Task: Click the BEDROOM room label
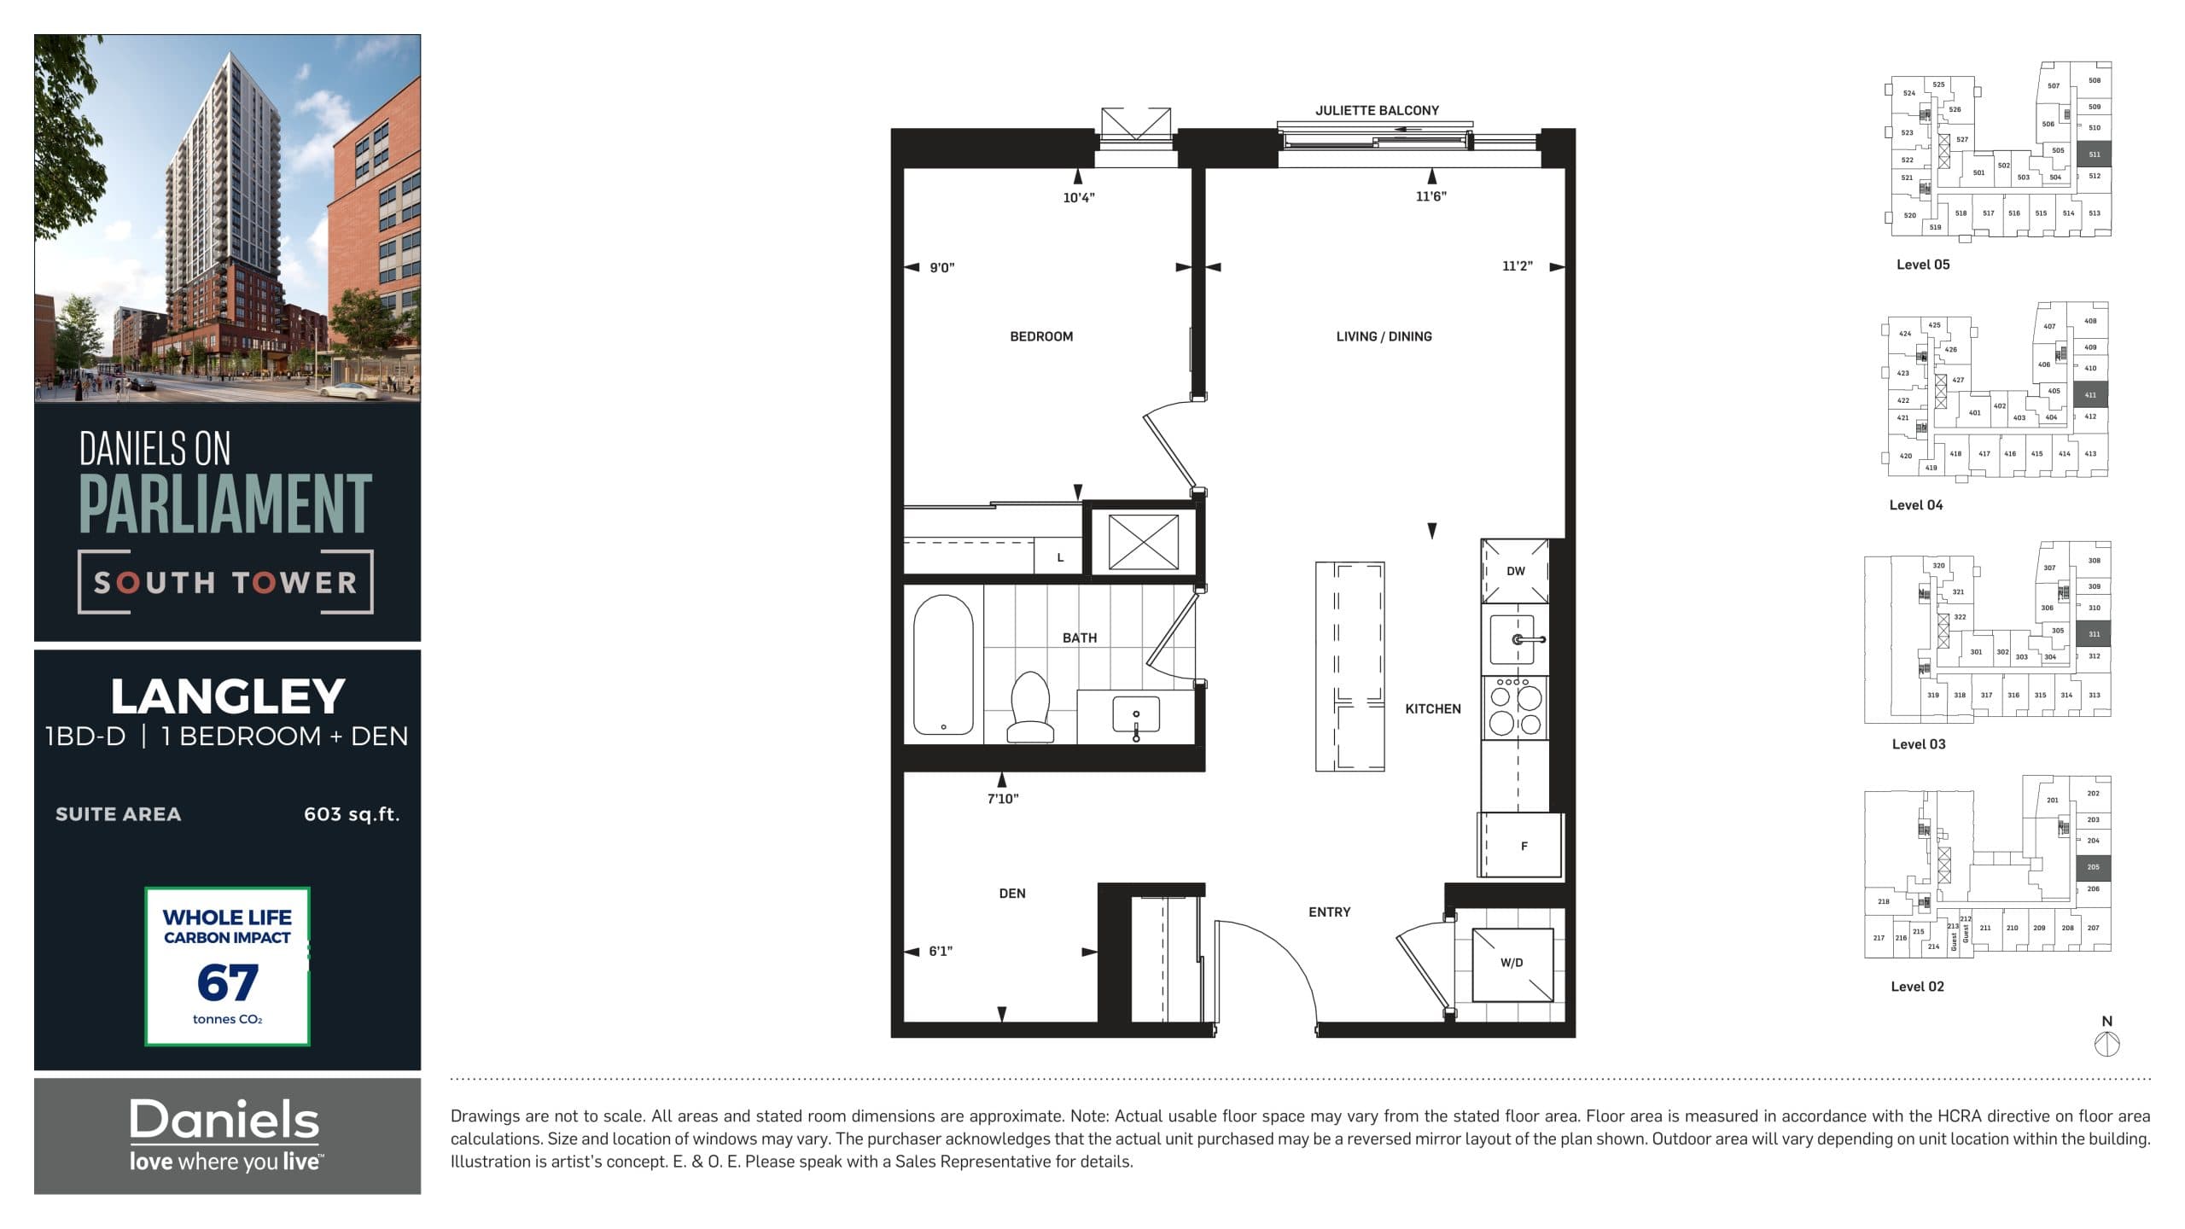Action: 1041,336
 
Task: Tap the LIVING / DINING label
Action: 1384,336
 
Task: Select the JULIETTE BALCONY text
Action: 1377,110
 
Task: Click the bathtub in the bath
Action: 943,665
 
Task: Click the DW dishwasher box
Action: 1515,571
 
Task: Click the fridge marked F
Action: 1523,846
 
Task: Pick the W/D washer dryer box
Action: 1512,964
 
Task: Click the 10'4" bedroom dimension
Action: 1079,198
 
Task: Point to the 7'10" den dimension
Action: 1003,799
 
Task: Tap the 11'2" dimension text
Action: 1517,266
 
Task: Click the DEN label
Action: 1012,894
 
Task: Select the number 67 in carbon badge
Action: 227,982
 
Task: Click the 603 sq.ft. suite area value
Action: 352,814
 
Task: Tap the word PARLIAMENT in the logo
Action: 225,505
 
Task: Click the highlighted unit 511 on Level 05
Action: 2094,154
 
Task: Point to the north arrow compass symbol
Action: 2107,1043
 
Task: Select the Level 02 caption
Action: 1917,987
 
